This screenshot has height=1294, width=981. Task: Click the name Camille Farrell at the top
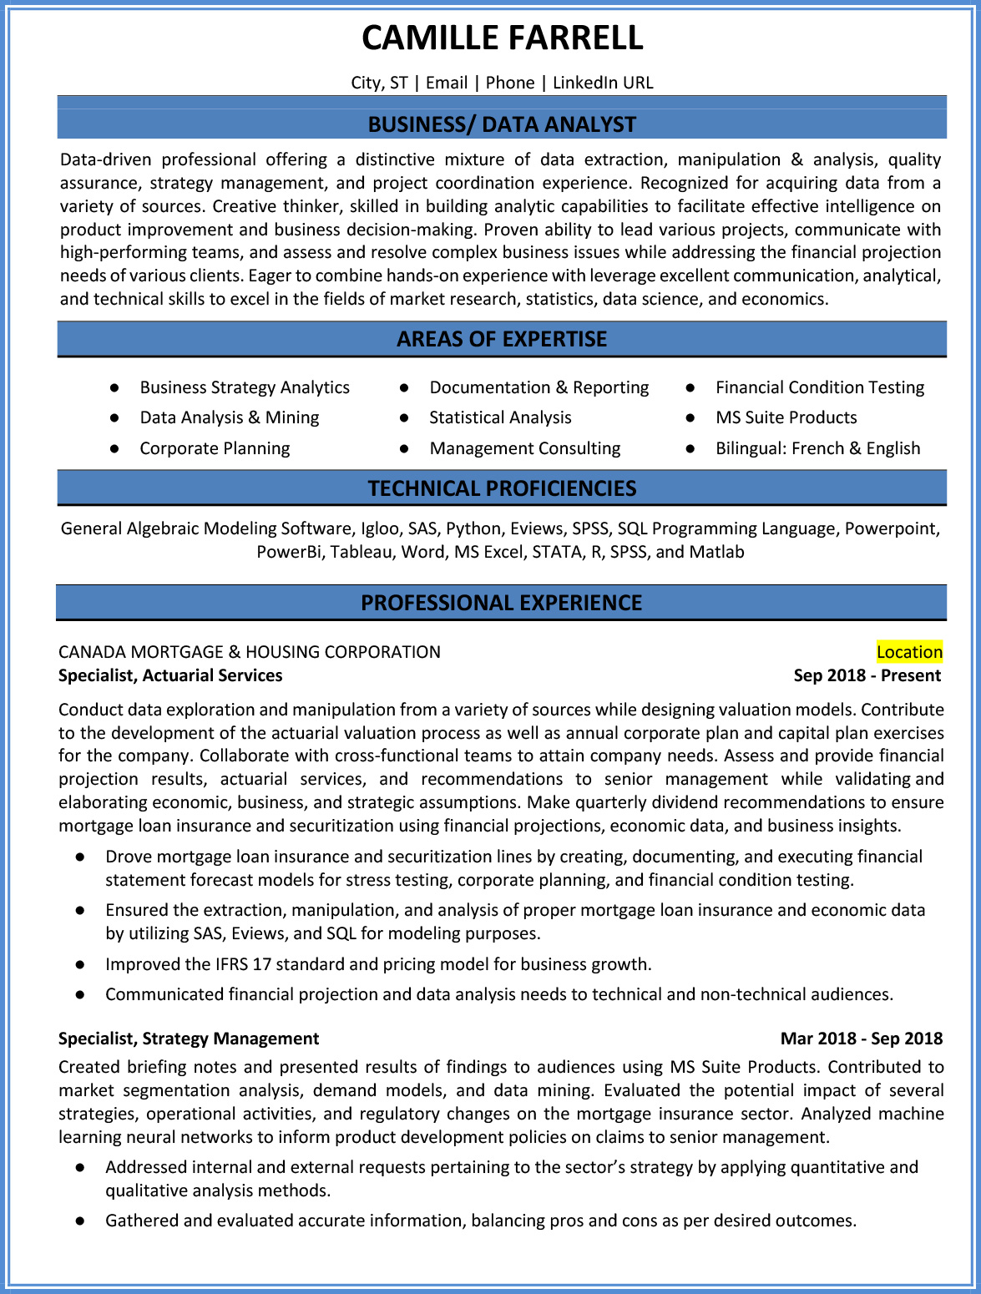tap(502, 38)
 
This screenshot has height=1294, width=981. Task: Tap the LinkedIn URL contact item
tap(603, 83)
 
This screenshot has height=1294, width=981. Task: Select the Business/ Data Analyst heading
tap(502, 124)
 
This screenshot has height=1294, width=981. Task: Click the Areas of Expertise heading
tap(502, 339)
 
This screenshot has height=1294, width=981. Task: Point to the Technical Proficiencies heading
tap(502, 488)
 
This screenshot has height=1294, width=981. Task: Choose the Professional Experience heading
tap(501, 603)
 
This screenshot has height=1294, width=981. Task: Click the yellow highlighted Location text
tap(909, 652)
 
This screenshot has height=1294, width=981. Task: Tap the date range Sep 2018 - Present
tap(867, 675)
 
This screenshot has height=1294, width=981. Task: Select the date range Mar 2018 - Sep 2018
tap(861, 1039)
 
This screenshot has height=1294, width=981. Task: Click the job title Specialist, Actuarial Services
tap(170, 675)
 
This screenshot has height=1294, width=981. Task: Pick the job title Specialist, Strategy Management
tap(189, 1039)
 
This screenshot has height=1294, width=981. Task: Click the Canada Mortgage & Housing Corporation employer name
tap(250, 652)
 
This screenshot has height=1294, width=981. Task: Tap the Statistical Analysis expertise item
tap(500, 417)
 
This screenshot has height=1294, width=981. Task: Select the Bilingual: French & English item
tap(817, 448)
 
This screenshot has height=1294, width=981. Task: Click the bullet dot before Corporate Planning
tap(114, 448)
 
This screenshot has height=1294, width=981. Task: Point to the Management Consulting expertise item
tap(524, 448)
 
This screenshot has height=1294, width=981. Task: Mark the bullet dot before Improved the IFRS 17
tap(80, 964)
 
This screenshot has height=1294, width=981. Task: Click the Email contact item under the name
tap(447, 83)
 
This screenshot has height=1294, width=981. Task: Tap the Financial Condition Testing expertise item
tap(820, 387)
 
